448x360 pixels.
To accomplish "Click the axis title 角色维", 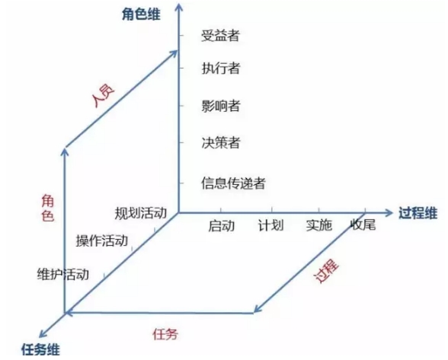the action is point(141,14).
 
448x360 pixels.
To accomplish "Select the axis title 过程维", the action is point(418,213).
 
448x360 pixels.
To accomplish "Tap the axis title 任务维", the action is point(41,349).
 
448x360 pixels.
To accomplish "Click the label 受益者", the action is point(220,36).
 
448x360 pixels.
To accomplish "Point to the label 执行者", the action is point(220,68).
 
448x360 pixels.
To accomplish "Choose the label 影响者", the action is point(220,106).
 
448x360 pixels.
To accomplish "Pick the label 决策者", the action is point(220,142).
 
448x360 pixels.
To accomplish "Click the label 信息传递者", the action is point(233,183).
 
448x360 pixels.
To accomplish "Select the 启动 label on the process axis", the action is point(222,225).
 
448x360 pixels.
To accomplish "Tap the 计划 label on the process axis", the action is point(271,225).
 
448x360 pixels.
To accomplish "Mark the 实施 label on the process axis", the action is point(318,225).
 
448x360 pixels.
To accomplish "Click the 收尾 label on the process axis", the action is point(363,225).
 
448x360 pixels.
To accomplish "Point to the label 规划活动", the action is point(140,213).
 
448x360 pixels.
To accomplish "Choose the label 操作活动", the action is point(102,241).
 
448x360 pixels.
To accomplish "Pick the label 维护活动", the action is point(62,274).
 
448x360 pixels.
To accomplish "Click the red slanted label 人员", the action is point(104,96).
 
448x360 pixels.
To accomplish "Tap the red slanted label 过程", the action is point(327,270).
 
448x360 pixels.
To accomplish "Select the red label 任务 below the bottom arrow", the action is point(165,334).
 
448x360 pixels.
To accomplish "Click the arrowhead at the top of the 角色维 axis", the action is point(179,6).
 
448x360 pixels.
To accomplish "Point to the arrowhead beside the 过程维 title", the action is point(389,212).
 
